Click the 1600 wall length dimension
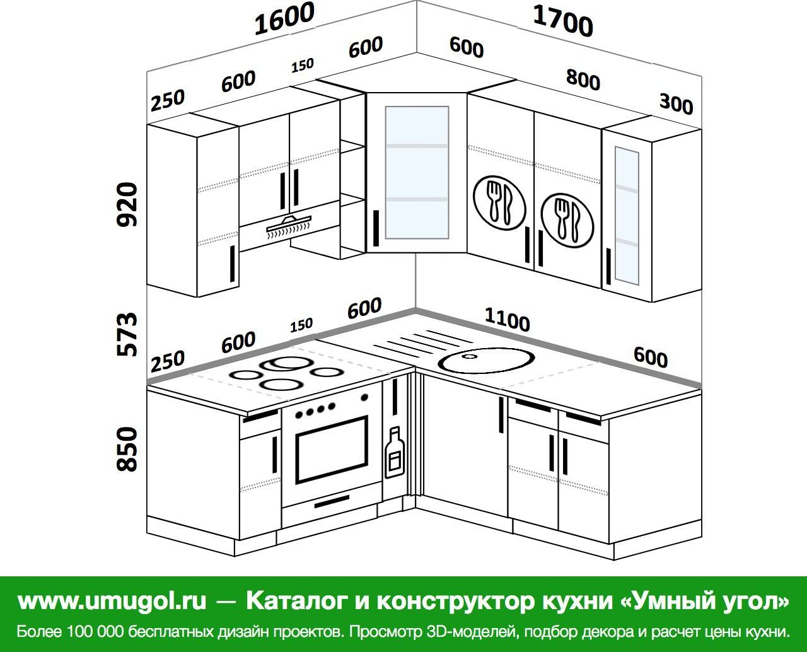284,19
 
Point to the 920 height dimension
127,204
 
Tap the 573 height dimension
127,335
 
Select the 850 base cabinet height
127,450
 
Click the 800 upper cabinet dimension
583,80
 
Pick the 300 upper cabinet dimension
676,104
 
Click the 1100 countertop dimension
507,320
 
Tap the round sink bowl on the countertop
487,360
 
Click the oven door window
332,450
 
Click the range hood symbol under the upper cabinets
289,226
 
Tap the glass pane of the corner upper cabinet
417,173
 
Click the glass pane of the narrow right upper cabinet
627,215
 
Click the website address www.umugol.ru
112,601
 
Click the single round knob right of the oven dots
364,397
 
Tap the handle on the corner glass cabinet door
376,228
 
